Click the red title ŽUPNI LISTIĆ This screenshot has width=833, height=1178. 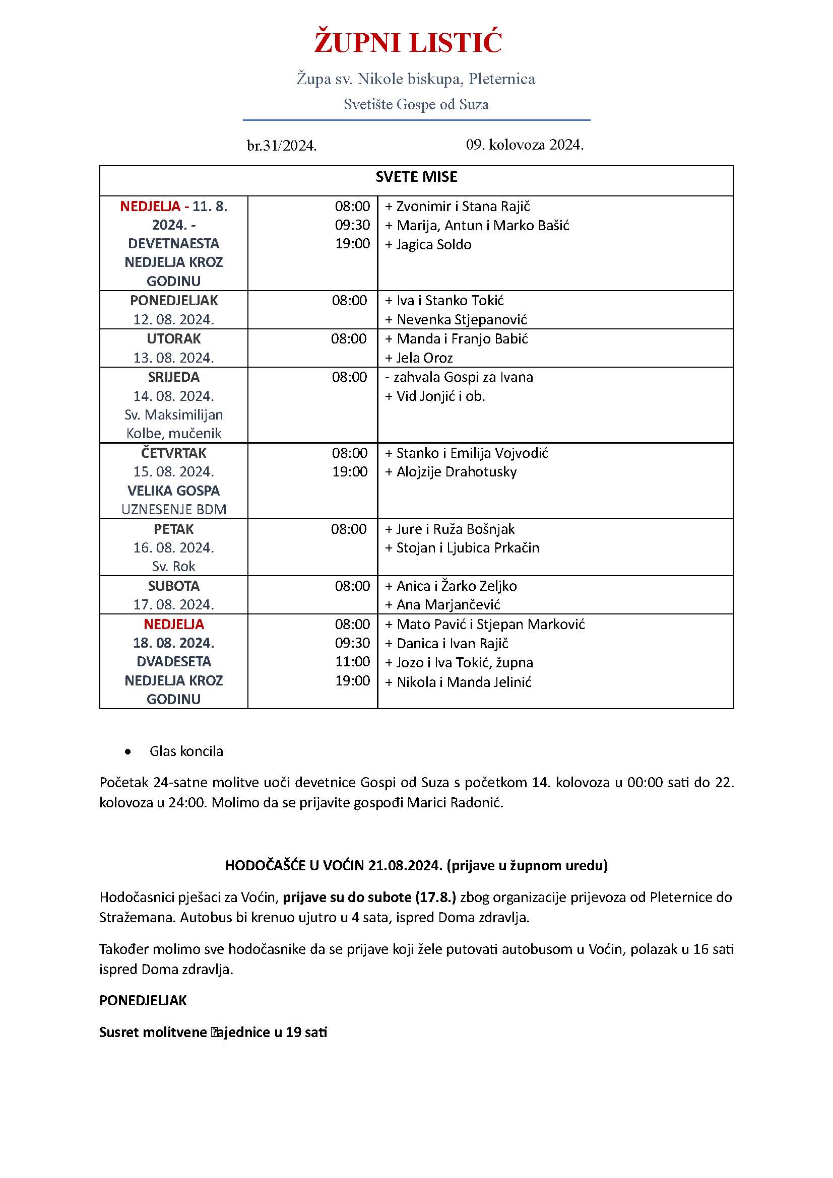tap(408, 43)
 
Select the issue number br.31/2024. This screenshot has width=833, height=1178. tap(282, 146)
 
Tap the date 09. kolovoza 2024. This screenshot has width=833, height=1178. tap(525, 145)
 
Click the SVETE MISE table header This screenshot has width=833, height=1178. tap(416, 177)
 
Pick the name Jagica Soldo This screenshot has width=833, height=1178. tap(433, 245)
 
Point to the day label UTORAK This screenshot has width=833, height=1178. tap(173, 338)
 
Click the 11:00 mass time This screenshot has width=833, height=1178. tap(353, 662)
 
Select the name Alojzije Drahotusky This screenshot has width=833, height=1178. tap(456, 472)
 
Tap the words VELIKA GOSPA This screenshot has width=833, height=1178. tap(173, 491)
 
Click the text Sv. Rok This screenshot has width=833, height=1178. tap(173, 567)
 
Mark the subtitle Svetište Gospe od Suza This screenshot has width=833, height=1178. tap(416, 105)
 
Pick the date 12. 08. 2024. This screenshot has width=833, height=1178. tap(173, 320)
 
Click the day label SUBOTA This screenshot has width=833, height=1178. tap(173, 586)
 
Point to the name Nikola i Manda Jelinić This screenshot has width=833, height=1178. tap(464, 682)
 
